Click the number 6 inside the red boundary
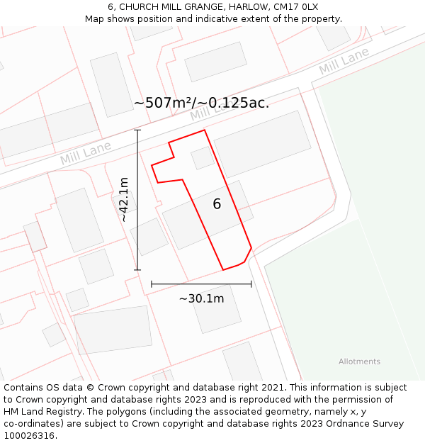(x=217, y=204)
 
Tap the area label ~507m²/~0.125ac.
(x=201, y=103)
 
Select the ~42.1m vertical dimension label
(x=124, y=199)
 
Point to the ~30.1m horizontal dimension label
(x=201, y=298)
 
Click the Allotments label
(x=359, y=361)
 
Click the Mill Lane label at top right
(x=344, y=62)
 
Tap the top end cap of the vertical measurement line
(x=137, y=130)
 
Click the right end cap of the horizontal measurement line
(x=251, y=284)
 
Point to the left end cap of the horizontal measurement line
(x=152, y=284)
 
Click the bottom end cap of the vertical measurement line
(x=137, y=270)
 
